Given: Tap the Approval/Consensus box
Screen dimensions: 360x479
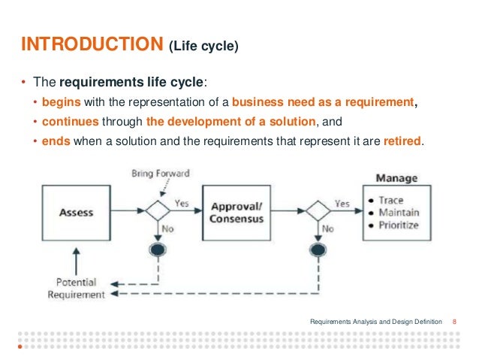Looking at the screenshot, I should click(x=237, y=212).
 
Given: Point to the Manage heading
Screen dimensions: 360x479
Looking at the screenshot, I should click(x=396, y=178).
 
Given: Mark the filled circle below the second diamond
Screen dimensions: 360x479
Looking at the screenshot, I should click(x=318, y=250).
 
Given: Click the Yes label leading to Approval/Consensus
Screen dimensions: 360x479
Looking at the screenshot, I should click(x=182, y=202).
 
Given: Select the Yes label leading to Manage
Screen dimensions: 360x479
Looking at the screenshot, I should click(x=342, y=202).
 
